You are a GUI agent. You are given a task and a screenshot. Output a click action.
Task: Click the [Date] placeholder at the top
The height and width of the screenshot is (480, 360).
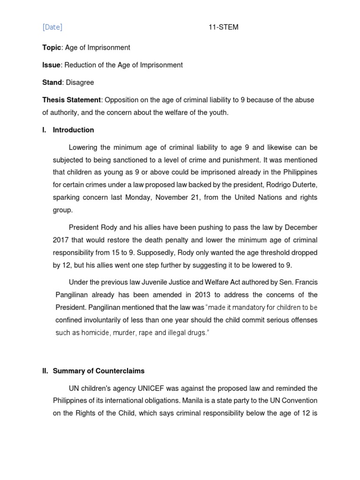click(x=52, y=27)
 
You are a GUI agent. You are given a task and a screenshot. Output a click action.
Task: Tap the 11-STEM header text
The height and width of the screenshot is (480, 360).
click(x=224, y=27)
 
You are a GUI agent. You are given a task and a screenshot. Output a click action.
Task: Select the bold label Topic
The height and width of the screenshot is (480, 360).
click(x=52, y=47)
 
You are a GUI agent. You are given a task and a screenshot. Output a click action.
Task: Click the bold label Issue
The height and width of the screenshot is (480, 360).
click(x=52, y=65)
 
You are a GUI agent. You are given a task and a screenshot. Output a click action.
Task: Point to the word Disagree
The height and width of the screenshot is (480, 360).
click(x=80, y=82)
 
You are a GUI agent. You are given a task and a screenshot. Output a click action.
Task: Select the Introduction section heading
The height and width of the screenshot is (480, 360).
click(x=73, y=130)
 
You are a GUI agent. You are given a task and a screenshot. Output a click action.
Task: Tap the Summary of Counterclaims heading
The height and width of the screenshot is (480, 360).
click(x=98, y=371)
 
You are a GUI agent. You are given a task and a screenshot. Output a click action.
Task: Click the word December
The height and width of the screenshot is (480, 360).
click(x=300, y=227)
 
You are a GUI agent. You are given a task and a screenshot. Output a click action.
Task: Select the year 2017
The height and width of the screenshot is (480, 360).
click(x=60, y=240)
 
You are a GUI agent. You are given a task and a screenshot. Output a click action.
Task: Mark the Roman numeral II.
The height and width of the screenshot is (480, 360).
click(x=45, y=371)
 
